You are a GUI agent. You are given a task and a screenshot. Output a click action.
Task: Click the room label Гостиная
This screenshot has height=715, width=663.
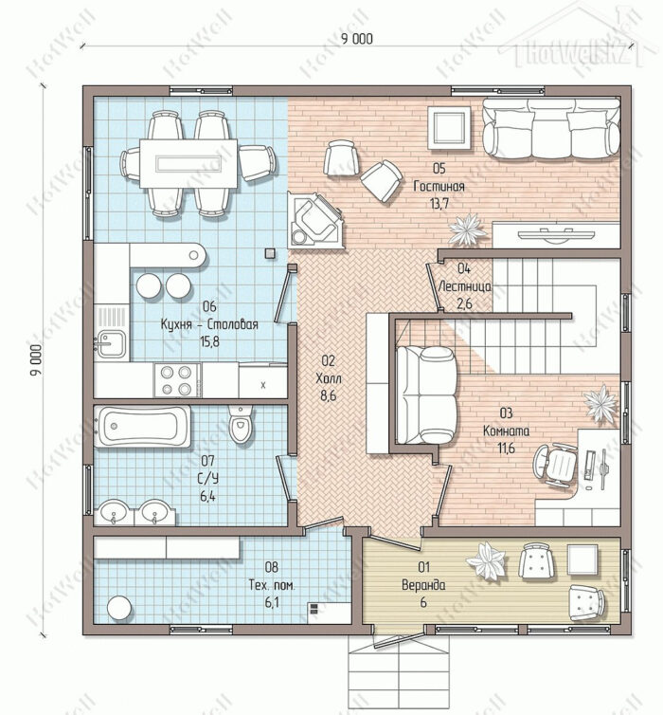click(439, 186)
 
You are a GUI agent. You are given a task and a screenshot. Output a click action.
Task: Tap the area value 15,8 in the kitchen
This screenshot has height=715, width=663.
click(209, 341)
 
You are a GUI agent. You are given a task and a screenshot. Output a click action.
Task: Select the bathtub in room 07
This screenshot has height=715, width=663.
click(142, 427)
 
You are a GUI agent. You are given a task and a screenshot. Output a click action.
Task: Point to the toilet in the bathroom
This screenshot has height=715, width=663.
click(241, 424)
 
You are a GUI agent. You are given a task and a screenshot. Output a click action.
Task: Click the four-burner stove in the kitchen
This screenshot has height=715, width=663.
click(178, 380)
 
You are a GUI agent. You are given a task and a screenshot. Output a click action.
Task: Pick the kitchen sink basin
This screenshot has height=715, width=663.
click(112, 344)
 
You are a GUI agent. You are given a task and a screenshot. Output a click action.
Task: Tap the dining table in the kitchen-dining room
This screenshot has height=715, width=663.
click(188, 163)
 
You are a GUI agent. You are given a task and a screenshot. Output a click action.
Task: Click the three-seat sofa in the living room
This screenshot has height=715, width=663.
click(551, 128)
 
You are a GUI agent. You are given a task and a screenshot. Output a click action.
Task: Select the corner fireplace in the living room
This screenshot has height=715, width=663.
click(314, 221)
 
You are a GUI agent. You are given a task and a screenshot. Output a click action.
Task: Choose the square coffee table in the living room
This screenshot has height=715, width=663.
click(449, 128)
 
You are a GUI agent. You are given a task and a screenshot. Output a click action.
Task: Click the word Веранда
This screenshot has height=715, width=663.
click(423, 585)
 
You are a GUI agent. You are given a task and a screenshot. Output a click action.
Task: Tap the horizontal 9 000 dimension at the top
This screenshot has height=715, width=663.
click(357, 39)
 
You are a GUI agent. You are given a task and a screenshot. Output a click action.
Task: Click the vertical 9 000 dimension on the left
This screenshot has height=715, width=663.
click(36, 359)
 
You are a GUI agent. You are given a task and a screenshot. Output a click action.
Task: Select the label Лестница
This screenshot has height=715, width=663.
click(464, 286)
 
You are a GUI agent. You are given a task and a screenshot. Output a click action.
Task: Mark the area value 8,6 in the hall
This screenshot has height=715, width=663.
click(328, 395)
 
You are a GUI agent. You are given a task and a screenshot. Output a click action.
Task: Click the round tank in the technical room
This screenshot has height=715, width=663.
click(119, 608)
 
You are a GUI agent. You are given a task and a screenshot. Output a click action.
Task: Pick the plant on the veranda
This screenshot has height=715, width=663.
click(486, 560)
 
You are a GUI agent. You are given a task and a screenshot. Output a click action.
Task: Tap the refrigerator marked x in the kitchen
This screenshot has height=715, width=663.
click(262, 382)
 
